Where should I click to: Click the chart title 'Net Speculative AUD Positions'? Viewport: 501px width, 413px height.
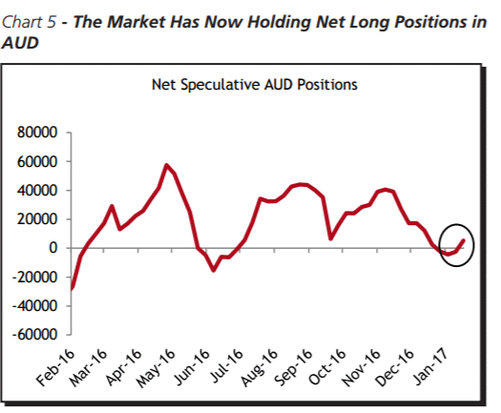click(x=255, y=85)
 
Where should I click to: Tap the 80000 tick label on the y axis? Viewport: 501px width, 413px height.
click(x=37, y=133)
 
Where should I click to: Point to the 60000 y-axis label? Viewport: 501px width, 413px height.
click(x=37, y=161)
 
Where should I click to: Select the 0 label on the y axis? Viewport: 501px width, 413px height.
click(x=53, y=248)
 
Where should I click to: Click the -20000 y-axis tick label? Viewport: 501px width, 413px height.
click(x=34, y=277)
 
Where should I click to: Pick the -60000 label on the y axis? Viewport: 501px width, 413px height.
click(x=34, y=335)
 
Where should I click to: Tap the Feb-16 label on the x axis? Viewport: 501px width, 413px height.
click(x=55, y=367)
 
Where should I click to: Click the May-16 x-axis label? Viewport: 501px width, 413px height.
click(x=156, y=368)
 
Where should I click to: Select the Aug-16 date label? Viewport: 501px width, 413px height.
click(x=260, y=367)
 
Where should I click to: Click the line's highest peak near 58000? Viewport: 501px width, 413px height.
click(x=166, y=165)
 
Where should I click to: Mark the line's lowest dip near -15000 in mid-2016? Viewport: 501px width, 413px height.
click(x=214, y=270)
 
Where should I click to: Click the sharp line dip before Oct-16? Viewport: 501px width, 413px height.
click(x=331, y=238)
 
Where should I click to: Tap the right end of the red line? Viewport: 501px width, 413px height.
click(x=464, y=240)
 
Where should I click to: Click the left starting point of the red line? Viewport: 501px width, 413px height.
click(x=72, y=288)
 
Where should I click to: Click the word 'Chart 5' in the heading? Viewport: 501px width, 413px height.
click(x=29, y=22)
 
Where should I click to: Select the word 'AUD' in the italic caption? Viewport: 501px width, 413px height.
click(x=20, y=43)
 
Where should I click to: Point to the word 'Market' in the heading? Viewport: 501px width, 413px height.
click(x=136, y=22)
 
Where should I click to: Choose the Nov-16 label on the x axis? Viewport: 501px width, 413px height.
click(x=362, y=367)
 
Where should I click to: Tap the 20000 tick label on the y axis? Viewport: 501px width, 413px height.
click(x=37, y=219)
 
